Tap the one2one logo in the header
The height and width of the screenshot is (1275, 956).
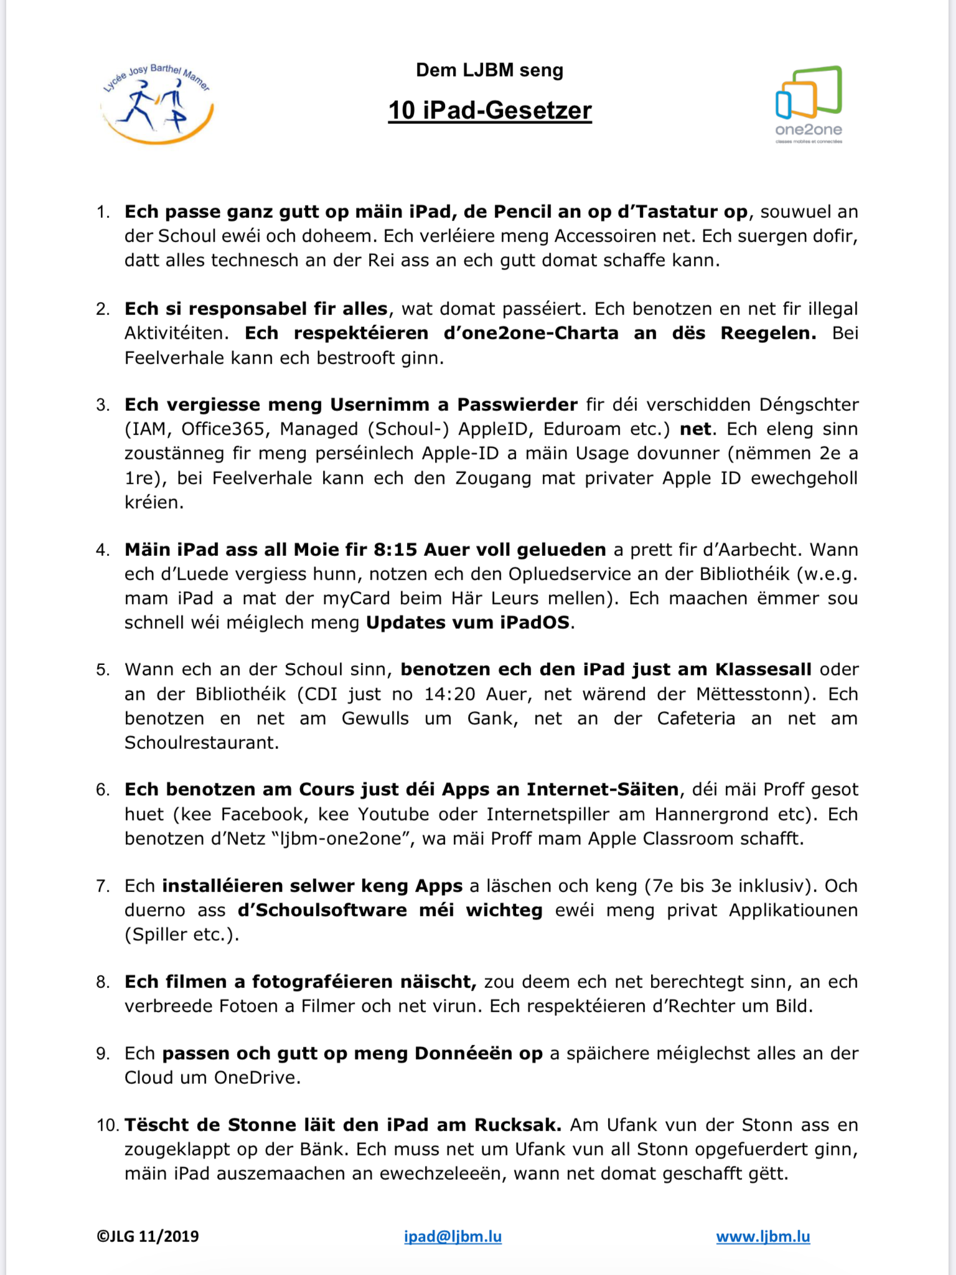[x=808, y=103]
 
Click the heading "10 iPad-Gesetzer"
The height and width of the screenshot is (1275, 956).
[x=490, y=110]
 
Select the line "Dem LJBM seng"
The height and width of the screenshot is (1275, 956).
[x=490, y=70]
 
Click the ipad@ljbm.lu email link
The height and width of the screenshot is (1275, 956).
[x=452, y=1236]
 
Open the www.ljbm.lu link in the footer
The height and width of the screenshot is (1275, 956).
[x=763, y=1236]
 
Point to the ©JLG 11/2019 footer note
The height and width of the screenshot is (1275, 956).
[x=148, y=1236]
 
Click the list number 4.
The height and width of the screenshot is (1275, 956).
[x=102, y=550]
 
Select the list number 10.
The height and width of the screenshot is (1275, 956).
[x=107, y=1126]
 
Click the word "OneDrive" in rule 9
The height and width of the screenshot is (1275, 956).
[x=256, y=1078]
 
